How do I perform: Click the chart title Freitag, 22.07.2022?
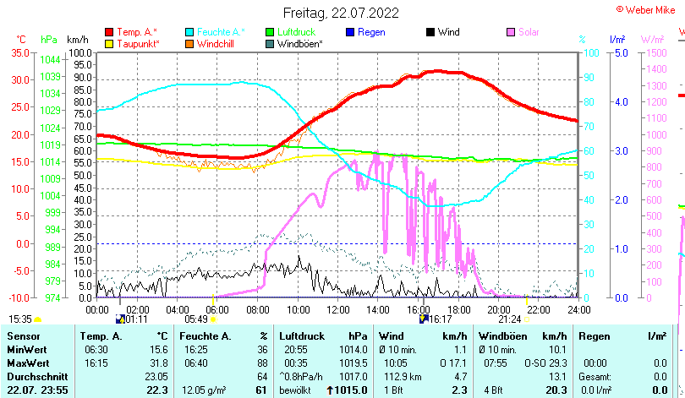pos(341,14)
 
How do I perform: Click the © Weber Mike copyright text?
pos(649,8)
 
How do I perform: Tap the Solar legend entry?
pos(529,32)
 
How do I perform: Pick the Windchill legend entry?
pos(216,43)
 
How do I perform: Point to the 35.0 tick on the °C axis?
pos(19,52)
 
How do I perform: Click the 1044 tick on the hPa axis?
pos(50,59)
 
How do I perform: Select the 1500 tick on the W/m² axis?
pos(655,52)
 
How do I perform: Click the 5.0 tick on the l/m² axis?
pos(620,52)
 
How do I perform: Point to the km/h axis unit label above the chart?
pos(77,40)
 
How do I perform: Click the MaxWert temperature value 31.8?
pos(156,363)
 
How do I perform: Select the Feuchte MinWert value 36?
pos(262,349)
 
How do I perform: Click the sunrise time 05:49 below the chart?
pos(195,319)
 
